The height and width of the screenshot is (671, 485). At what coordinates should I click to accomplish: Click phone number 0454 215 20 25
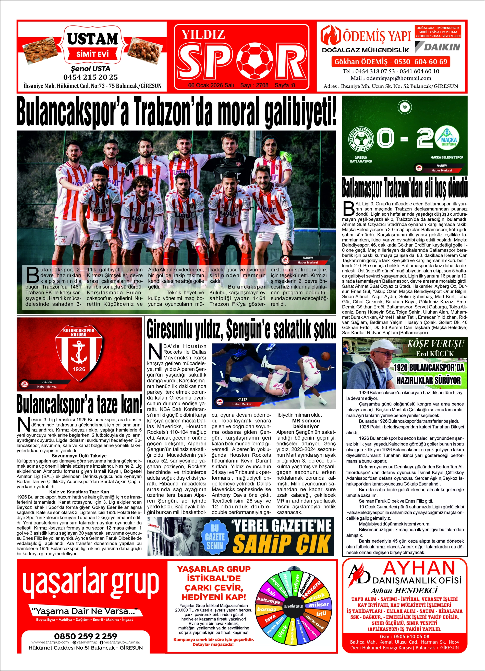[x=91, y=77]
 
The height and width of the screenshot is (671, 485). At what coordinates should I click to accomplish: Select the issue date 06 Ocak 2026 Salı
[x=211, y=85]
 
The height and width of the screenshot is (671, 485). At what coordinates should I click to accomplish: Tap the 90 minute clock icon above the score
[x=405, y=107]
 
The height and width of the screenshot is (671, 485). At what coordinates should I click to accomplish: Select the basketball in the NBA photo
[x=325, y=355]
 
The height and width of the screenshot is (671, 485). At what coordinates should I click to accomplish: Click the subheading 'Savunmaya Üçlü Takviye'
[x=79, y=456]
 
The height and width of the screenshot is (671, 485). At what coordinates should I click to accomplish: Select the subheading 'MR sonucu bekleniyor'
[x=306, y=423]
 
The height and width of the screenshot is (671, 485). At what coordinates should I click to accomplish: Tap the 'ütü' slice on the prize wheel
[x=321, y=614]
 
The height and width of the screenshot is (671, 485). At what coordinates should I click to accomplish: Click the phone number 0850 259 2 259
[x=86, y=636]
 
